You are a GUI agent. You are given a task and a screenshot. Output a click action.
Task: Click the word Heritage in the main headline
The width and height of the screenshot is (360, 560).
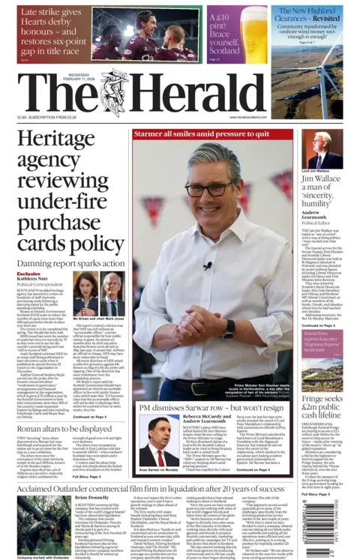64,139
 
